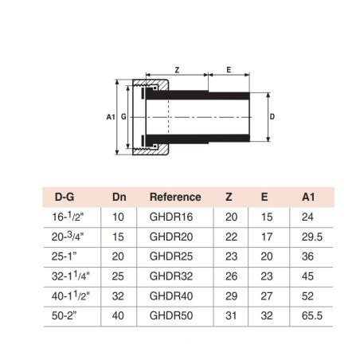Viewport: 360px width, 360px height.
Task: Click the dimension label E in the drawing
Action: pos(229,70)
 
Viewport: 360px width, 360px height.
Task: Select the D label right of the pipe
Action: pos(273,116)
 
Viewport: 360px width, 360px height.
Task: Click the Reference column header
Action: pos(175,197)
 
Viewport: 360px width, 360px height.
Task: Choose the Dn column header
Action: pos(119,197)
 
